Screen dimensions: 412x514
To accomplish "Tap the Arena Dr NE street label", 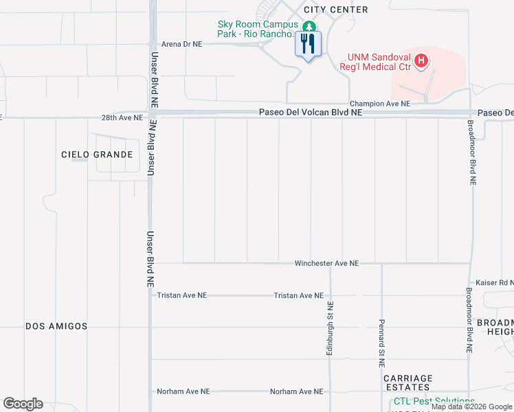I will click(181, 43).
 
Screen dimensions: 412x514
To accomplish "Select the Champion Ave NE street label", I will click(379, 104).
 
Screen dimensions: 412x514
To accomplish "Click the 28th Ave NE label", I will click(122, 118).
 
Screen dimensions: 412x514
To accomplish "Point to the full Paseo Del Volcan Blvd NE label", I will click(310, 113).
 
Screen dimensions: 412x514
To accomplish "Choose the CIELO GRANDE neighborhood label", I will click(97, 154).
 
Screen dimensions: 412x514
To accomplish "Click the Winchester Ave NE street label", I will click(326, 263).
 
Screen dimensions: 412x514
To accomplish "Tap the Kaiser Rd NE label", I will click(494, 283).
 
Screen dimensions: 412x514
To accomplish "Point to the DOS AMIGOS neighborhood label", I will click(56, 326).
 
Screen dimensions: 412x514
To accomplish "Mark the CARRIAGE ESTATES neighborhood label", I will click(408, 383).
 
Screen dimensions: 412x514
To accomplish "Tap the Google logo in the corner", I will click(23, 404).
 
